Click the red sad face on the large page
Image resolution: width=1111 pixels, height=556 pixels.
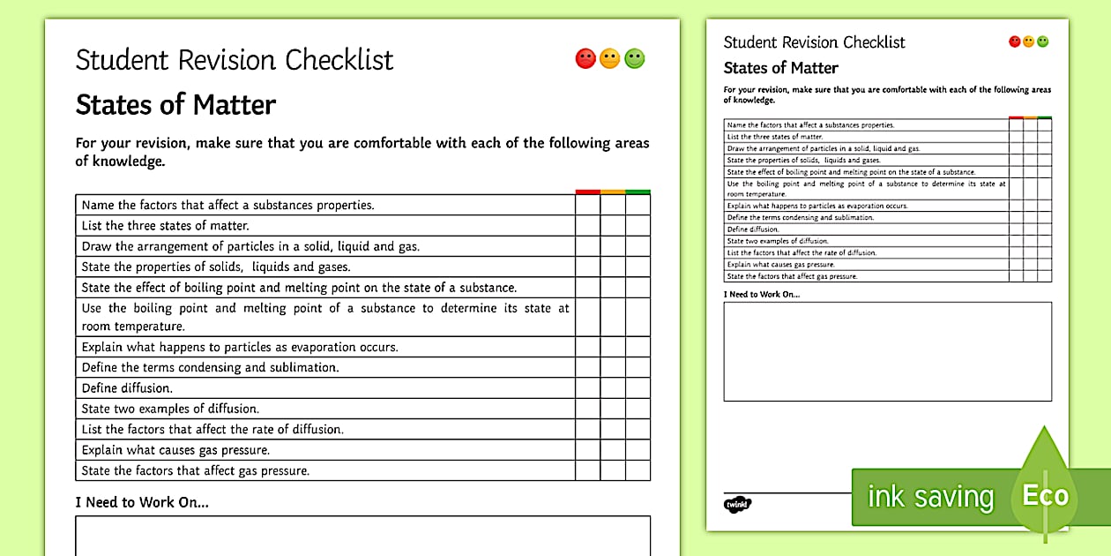(x=585, y=59)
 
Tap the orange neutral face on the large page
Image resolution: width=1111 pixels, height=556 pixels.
(x=610, y=59)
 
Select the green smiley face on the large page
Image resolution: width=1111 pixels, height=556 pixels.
(x=635, y=59)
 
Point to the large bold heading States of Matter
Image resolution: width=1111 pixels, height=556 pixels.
(x=175, y=105)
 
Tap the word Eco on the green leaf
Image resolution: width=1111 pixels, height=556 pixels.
(x=1045, y=495)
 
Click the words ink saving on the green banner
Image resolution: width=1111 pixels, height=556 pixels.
(x=930, y=497)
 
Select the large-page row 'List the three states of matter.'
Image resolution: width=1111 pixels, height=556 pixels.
(x=166, y=226)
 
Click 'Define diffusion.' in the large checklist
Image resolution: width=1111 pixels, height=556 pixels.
(x=127, y=388)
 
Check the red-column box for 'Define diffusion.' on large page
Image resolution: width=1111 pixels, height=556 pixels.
(x=587, y=388)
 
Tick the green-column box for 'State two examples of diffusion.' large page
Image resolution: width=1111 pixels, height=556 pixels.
(x=638, y=409)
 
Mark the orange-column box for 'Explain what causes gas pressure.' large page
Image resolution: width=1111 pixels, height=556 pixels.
(x=613, y=450)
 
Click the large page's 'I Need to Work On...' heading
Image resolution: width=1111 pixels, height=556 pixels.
(x=142, y=502)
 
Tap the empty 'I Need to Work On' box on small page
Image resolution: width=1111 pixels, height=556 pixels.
(x=887, y=351)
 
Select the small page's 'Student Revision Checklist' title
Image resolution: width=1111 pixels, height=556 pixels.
(x=814, y=42)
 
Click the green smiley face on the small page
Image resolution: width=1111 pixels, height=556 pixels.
(x=1043, y=41)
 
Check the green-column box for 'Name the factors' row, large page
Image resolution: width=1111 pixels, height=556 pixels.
(x=638, y=205)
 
